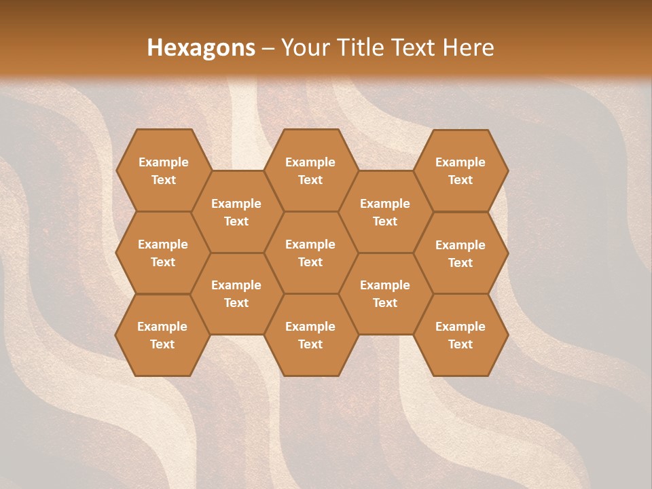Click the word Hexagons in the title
(x=201, y=48)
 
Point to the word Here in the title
(x=469, y=48)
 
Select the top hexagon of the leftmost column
(x=163, y=170)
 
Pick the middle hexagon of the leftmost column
(x=163, y=253)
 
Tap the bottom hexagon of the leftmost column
(x=162, y=335)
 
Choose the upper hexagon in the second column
(x=236, y=212)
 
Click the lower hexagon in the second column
(x=236, y=293)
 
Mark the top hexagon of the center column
(x=310, y=170)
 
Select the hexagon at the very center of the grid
(x=310, y=253)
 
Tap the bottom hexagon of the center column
(x=310, y=335)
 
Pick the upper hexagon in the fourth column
(x=385, y=212)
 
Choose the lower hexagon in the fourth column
(x=385, y=293)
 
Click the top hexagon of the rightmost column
(x=460, y=170)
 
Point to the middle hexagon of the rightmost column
(x=460, y=253)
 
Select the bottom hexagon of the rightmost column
(x=460, y=335)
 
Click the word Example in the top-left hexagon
(x=163, y=162)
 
